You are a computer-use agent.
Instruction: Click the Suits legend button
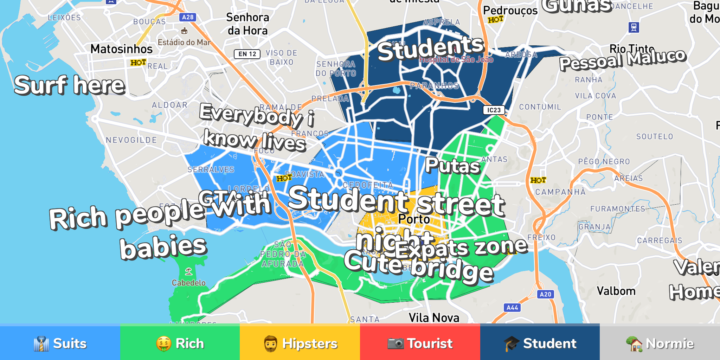60,343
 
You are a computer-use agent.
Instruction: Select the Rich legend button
180,343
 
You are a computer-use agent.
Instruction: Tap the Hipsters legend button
300,343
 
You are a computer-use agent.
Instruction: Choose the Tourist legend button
420,343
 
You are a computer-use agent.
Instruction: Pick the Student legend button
540,343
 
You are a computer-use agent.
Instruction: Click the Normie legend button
660,343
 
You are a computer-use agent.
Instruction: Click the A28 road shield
188,17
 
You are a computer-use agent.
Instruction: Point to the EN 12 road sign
247,54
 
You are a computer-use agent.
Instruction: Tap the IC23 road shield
494,110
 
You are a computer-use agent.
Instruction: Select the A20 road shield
545,294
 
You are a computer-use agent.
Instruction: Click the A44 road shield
512,308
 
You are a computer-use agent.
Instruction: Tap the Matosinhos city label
122,49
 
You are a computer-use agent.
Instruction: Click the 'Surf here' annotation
70,85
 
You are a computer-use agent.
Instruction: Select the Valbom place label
616,291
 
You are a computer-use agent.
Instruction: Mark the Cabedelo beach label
189,283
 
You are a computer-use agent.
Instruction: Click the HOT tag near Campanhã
538,180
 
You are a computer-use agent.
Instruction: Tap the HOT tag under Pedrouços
496,20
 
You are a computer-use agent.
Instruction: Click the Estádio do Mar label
184,42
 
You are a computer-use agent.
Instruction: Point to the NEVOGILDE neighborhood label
131,140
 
